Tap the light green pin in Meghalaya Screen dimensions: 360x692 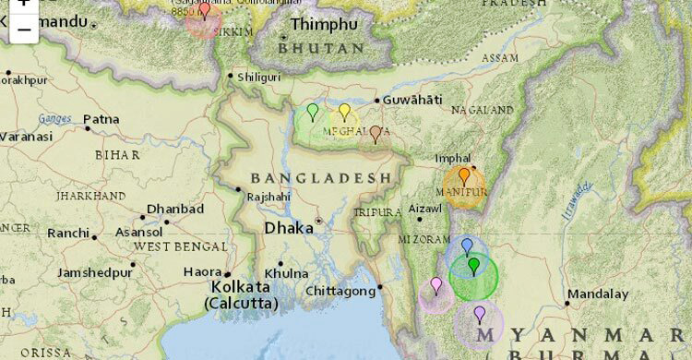pos(313,113)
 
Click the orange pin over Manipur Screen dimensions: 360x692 pos(464,175)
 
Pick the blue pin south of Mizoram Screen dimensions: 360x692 pos(467,246)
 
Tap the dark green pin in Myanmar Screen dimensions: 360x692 pos(473,267)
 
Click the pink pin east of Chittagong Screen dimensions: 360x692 pos(436,285)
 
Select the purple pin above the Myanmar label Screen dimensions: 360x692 pos(479,315)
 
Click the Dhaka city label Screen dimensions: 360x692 pos(288,227)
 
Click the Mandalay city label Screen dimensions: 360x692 pos(597,294)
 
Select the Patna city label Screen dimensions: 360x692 pos(101,119)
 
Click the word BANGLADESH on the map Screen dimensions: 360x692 pos(321,177)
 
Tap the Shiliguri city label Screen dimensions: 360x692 pos(259,78)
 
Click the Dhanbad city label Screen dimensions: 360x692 pos(174,210)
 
